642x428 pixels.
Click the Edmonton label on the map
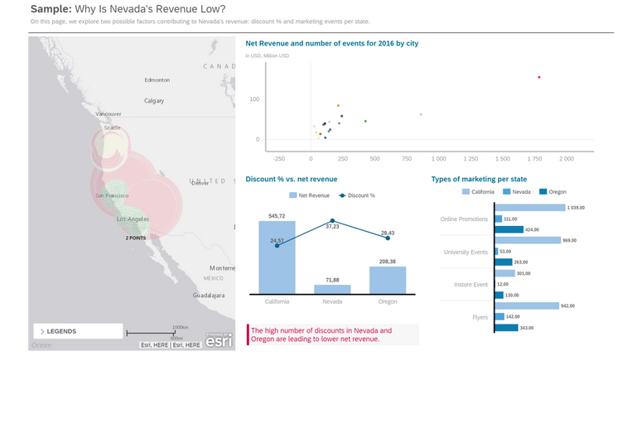pos(157,80)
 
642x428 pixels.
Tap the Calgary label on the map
pos(154,101)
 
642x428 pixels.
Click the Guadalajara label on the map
pos(209,296)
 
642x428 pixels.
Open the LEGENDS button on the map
pos(77,331)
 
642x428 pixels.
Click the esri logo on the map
pos(219,340)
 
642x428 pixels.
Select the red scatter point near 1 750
pos(539,77)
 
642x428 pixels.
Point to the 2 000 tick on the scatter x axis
pos(567,158)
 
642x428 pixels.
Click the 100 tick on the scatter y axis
pos(254,99)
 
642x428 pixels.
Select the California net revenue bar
pos(277,257)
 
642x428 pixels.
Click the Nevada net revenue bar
pos(332,289)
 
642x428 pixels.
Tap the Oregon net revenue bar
pos(388,280)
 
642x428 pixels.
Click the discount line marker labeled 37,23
pos(332,220)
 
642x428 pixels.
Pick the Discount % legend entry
pos(357,195)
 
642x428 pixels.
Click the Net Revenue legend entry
pos(309,195)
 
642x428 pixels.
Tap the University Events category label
pos(466,252)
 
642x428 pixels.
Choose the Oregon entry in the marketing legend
pos(553,192)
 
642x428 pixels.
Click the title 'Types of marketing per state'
pos(479,179)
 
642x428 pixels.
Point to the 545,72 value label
pos(277,216)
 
